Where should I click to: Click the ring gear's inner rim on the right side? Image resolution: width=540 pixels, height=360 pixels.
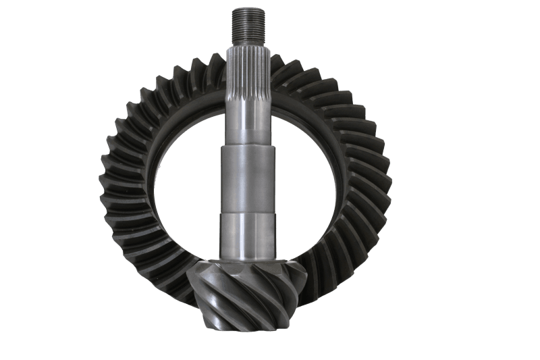pyautogui.click(x=337, y=182)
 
